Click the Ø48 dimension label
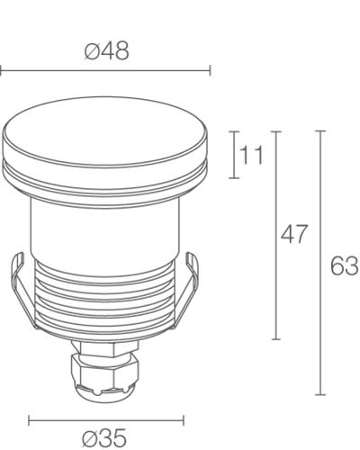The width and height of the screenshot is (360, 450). pyautogui.click(x=106, y=50)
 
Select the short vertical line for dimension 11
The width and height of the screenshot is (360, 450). pyautogui.click(x=236, y=155)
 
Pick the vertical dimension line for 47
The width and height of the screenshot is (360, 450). pyautogui.click(x=276, y=235)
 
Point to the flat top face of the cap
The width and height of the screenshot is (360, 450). pyautogui.click(x=107, y=133)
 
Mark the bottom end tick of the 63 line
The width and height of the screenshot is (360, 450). pyautogui.click(x=320, y=394)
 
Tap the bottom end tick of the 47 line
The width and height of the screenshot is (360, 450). pyautogui.click(x=276, y=339)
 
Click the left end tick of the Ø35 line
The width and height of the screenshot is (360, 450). pyautogui.click(x=29, y=418)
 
